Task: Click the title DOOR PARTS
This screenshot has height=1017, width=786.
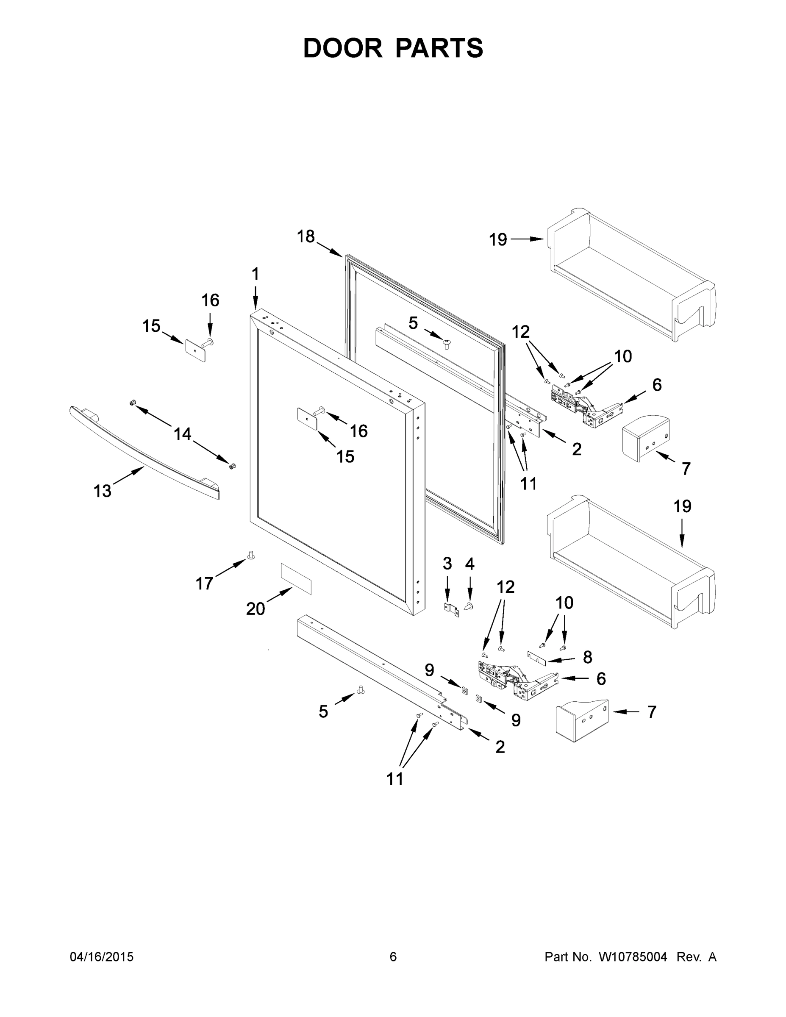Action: tap(393, 48)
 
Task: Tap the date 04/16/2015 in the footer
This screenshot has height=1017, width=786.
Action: tap(102, 956)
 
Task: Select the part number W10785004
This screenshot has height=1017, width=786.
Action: tap(632, 956)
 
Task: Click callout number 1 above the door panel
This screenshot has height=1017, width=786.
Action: tap(255, 274)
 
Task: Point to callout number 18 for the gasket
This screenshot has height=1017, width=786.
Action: tap(306, 236)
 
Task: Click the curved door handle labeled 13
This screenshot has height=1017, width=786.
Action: tap(144, 452)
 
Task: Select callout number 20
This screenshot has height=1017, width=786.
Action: tap(255, 609)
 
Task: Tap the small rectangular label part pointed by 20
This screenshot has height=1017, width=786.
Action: tap(296, 578)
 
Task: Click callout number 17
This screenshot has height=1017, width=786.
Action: tap(204, 583)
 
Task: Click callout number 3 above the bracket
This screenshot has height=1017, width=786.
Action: tap(447, 564)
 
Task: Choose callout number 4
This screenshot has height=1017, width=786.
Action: tap(469, 564)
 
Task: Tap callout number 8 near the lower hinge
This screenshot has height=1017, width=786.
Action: tap(588, 657)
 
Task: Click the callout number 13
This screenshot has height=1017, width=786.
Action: tap(103, 491)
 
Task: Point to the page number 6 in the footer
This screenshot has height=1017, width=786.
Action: tap(393, 956)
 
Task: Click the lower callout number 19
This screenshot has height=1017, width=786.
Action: tap(682, 506)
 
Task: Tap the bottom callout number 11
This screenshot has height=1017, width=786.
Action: tap(395, 779)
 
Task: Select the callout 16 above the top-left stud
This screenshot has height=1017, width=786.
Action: tap(210, 300)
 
